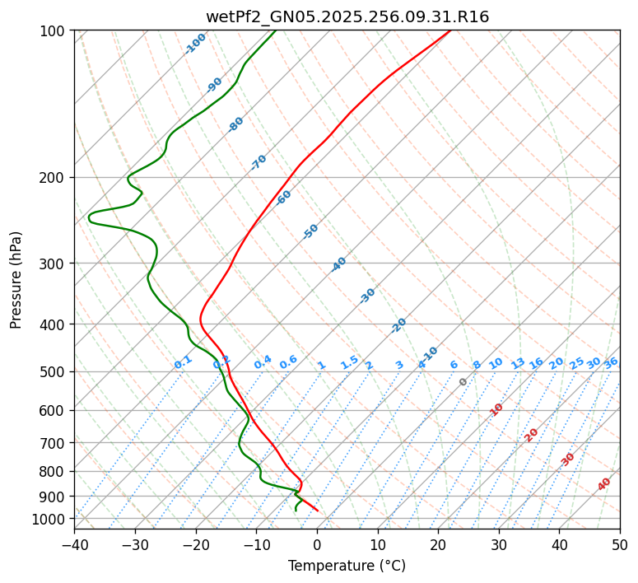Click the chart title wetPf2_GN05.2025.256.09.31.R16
click(347, 16)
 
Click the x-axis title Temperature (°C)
click(347, 567)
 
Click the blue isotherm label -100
click(196, 43)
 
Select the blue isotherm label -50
click(310, 231)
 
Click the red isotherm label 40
click(604, 484)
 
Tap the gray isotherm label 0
click(463, 382)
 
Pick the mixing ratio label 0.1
click(183, 362)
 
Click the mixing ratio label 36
click(611, 363)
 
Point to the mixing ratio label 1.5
click(350, 362)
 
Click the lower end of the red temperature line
click(318, 511)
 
